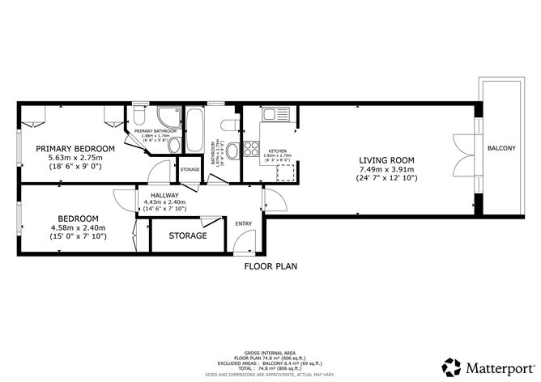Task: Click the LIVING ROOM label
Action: pos(386,159)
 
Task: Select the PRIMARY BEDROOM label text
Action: pos(75,149)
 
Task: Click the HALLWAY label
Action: pos(164,194)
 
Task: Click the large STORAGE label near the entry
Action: pos(187,236)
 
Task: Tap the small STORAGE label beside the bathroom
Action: pos(190,169)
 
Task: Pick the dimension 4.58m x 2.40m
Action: pos(78,227)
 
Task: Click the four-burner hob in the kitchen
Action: pos(252,151)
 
